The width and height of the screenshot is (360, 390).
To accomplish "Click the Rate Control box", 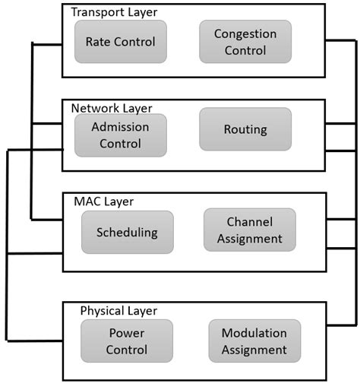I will pos(120,42).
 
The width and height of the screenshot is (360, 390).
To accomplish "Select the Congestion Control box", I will pos(245,42).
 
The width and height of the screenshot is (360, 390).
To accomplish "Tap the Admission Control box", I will pos(120,135).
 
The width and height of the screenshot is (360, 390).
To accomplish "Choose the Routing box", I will pos(245,129).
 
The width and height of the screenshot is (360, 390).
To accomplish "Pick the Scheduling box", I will pos(127,232).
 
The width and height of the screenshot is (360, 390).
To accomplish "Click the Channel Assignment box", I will pos(254,230).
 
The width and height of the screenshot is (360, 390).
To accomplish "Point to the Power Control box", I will pos(127,341).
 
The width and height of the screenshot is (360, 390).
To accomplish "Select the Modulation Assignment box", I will pos(254,341).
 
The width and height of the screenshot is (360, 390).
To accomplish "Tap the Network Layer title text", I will pos(112,108).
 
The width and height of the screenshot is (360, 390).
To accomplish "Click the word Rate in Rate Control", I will pos(97,42).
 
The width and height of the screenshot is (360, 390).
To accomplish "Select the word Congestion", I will pos(245,34).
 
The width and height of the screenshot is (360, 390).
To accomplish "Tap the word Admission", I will pos(120,126).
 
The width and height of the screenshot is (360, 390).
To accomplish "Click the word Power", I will pos(127,333).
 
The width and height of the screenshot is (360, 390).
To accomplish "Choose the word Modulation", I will pos(254,333).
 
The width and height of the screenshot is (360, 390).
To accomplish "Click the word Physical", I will pos(102,311).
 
